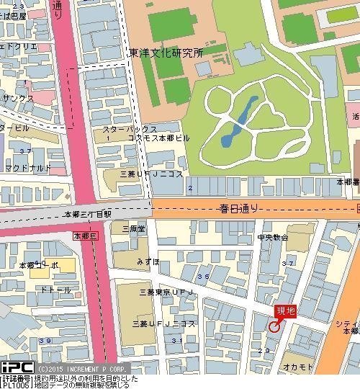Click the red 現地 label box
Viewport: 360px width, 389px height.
tap(285, 310)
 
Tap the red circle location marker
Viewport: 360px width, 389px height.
tap(274, 326)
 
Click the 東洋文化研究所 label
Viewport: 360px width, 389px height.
tap(167, 53)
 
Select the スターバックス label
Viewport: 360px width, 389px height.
tap(125, 129)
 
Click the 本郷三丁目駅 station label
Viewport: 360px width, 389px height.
tap(88, 214)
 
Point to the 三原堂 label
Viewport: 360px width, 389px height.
tap(133, 228)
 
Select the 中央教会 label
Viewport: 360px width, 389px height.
tap(273, 236)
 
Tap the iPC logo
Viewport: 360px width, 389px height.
tap(16, 367)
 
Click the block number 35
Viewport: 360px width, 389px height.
tap(204, 277)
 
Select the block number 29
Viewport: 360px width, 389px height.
tap(264, 350)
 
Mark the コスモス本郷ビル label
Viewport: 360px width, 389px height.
tap(159, 137)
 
